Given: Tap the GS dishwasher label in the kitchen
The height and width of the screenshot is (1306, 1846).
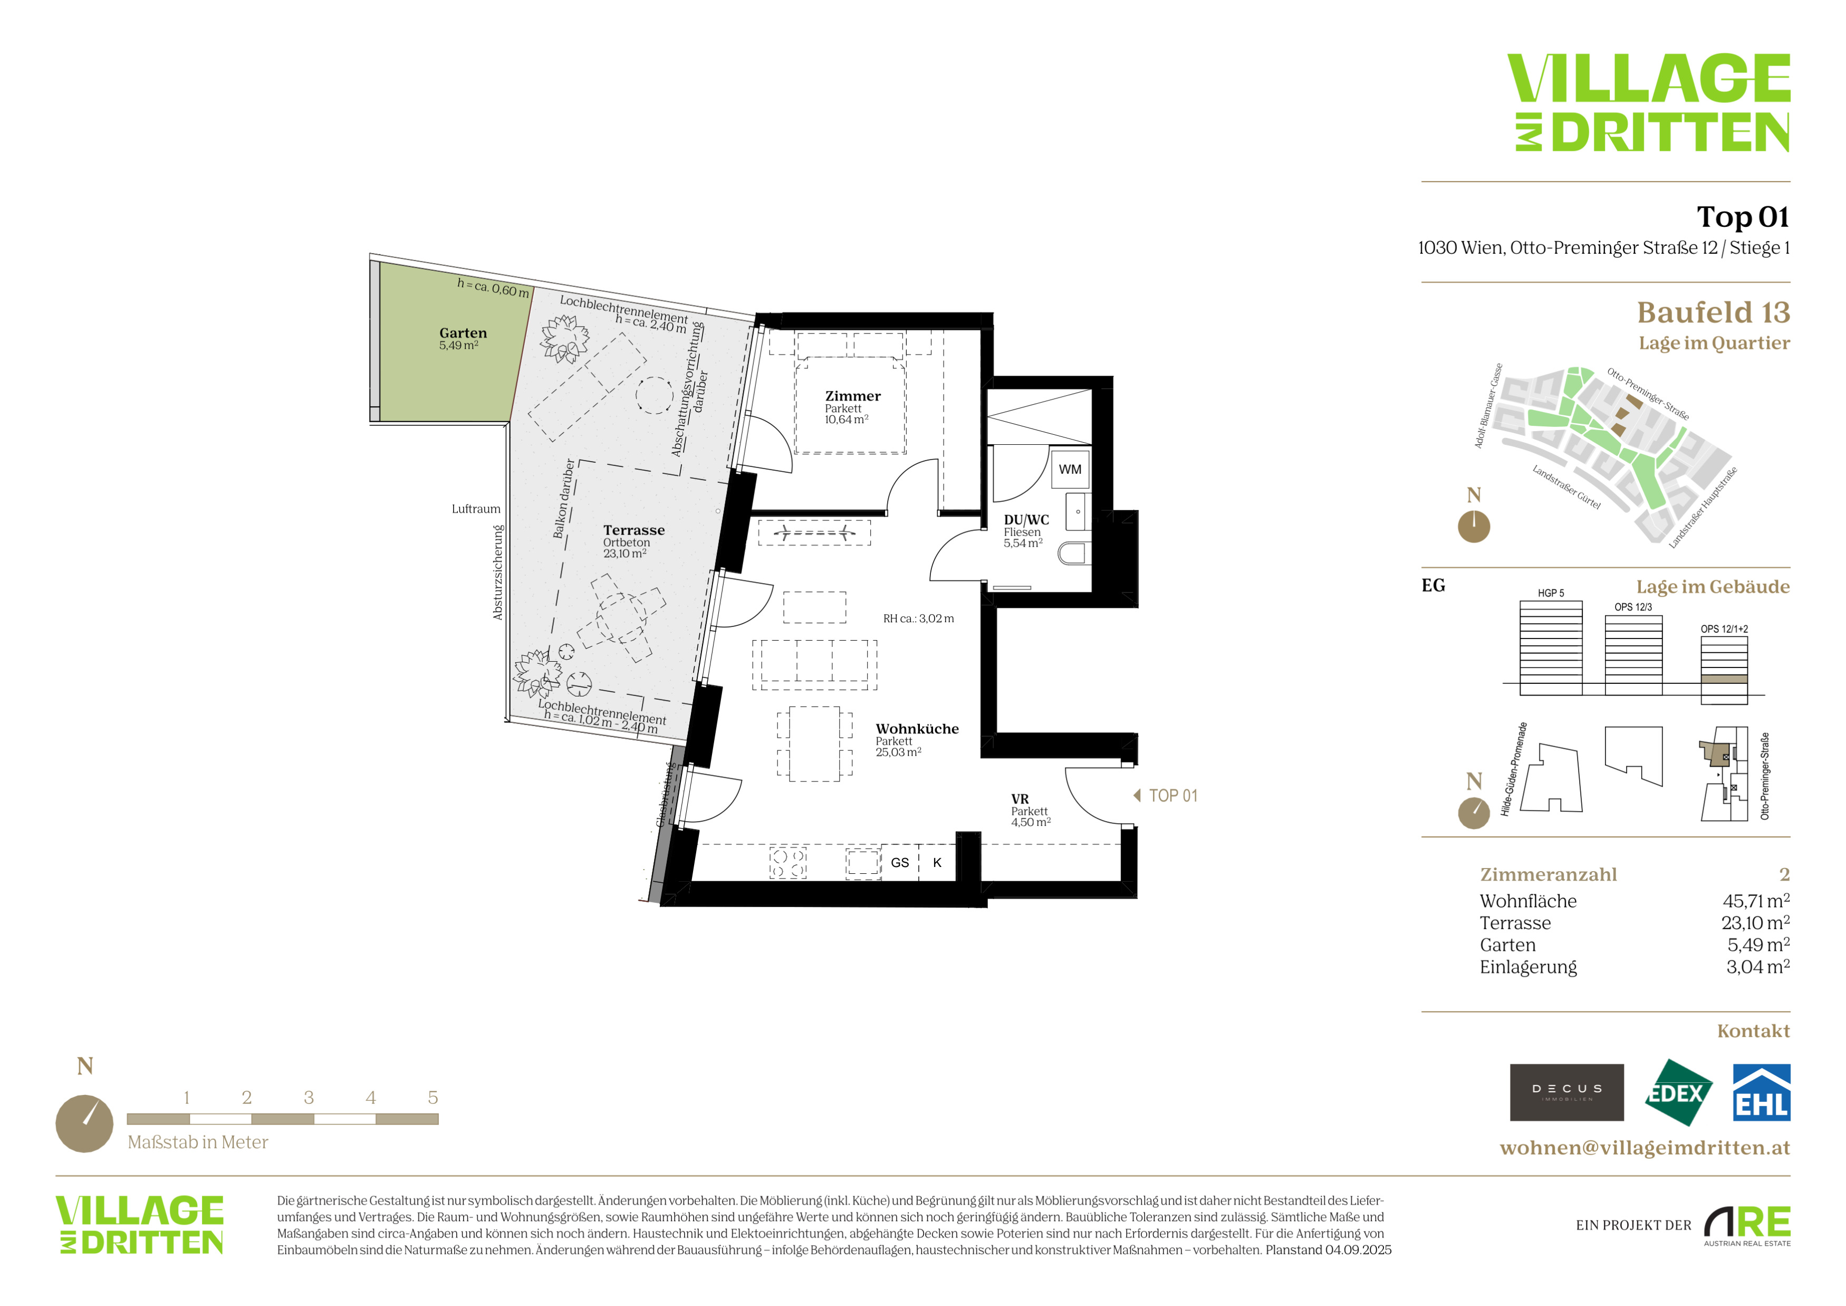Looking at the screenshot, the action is tap(900, 863).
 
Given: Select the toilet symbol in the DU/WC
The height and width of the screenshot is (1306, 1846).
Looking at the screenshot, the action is tap(1072, 554).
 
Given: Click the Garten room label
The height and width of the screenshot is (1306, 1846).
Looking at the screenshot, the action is tap(463, 333).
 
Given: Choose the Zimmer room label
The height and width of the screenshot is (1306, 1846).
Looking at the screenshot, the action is tap(853, 396).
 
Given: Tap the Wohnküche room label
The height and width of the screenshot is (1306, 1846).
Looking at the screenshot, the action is tap(917, 729).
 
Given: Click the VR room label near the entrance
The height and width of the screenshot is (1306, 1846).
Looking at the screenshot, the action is tap(1020, 799).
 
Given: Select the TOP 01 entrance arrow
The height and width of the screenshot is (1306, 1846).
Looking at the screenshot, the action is tap(1137, 795).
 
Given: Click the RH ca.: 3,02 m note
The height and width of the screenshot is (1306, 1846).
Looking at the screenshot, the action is tap(918, 618).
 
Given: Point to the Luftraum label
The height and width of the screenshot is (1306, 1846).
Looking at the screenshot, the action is tap(476, 509).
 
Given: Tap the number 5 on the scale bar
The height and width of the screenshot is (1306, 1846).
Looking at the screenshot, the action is tap(432, 1098).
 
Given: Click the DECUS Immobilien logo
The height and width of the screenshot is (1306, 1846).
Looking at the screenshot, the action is tap(1566, 1092).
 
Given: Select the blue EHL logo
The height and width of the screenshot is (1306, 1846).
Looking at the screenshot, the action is tap(1762, 1092).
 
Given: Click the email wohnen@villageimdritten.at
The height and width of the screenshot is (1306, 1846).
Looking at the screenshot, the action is tap(1645, 1148).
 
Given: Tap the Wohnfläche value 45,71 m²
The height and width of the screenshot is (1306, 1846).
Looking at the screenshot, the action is tap(1756, 901).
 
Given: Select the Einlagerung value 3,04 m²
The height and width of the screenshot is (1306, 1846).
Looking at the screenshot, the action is tap(1758, 967).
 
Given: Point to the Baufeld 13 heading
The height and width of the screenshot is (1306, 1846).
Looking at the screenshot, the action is tap(1713, 312).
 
